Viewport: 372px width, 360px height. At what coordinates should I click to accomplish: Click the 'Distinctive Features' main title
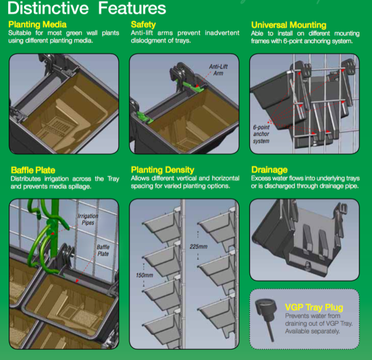tap(87, 8)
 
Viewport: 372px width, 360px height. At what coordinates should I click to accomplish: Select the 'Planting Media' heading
tap(37, 24)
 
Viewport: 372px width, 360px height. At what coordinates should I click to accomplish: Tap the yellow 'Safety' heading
tap(144, 24)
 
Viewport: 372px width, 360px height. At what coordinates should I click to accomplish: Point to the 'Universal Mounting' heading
tap(289, 25)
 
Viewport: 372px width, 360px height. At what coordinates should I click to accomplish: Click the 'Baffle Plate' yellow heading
tap(33, 170)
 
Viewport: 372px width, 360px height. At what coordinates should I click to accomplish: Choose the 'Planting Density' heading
tap(162, 170)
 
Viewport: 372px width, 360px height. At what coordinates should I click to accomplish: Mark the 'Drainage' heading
tap(269, 170)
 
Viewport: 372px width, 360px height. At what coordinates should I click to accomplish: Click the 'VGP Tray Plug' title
tap(314, 308)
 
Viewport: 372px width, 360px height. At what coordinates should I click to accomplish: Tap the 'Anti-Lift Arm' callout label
tap(218, 70)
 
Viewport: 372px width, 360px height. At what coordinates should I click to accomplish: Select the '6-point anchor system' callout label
tap(261, 134)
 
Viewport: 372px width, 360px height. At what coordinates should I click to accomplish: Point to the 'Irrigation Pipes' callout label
tap(88, 219)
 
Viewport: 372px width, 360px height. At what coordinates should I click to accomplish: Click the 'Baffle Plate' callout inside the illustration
tap(103, 251)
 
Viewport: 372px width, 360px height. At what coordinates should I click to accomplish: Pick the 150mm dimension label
tap(145, 275)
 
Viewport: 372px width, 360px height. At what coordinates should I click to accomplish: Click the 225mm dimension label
tap(198, 247)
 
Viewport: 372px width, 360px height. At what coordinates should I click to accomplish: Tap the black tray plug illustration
tap(267, 319)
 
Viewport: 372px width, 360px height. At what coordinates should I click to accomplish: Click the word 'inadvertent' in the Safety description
tap(222, 33)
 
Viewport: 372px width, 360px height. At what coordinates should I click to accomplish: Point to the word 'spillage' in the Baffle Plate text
tap(80, 186)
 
